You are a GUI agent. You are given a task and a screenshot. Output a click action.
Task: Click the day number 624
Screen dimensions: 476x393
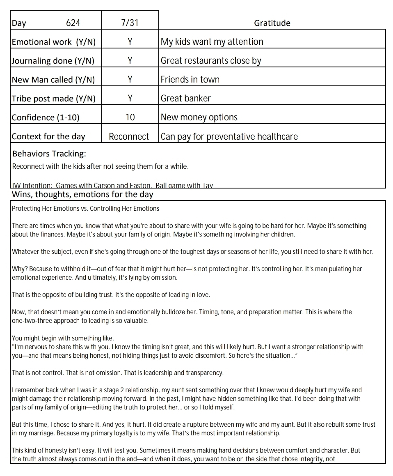[73, 23]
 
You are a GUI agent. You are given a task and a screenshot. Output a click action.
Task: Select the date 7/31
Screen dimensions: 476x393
[130, 23]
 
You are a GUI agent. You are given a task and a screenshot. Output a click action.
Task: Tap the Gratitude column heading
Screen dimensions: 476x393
[272, 23]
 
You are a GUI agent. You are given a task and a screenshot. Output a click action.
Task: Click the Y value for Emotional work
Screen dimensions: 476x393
[130, 42]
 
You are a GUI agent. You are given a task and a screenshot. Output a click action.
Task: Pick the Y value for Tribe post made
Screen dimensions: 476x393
[130, 99]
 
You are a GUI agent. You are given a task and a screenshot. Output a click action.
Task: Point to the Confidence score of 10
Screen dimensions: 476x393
[130, 117]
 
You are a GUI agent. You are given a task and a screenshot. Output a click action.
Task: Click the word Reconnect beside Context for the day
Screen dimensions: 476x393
[129, 136]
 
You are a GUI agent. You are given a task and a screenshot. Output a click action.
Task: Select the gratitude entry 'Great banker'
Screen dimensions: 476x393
[185, 99]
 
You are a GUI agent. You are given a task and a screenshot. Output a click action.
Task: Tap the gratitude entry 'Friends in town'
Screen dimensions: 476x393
[190, 80]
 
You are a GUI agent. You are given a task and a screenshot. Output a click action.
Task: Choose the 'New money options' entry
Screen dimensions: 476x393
[199, 117]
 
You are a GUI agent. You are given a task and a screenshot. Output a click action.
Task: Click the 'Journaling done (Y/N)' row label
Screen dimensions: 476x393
[53, 61]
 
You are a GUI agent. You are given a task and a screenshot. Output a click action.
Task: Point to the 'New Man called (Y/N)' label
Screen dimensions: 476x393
[53, 80]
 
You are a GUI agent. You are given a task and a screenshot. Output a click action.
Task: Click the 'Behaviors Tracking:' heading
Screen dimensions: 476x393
[49, 154]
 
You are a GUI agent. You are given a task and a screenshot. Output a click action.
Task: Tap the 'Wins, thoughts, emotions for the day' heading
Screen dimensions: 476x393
[82, 194]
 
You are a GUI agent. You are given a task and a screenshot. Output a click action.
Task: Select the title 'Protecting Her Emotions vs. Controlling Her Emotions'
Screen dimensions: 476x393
[85, 209]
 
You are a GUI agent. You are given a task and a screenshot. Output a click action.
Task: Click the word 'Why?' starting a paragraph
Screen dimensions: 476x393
[19, 269]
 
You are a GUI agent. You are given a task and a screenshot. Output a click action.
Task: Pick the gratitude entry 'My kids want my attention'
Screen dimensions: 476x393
[212, 42]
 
